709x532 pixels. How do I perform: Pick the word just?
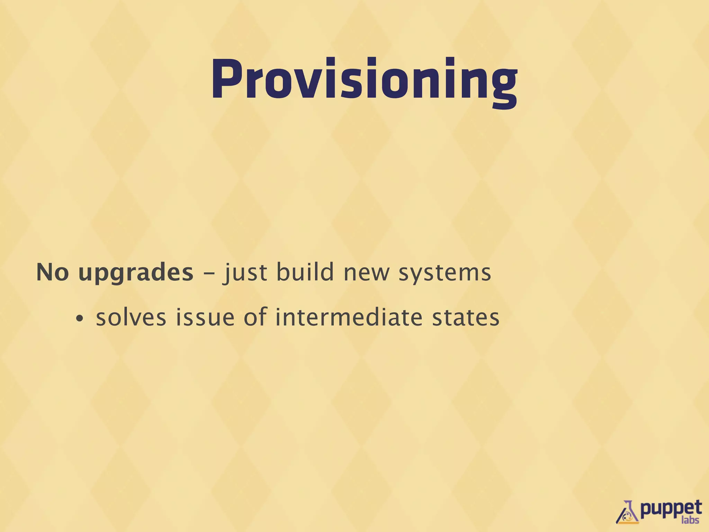(245, 273)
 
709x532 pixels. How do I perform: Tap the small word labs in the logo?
(690, 520)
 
